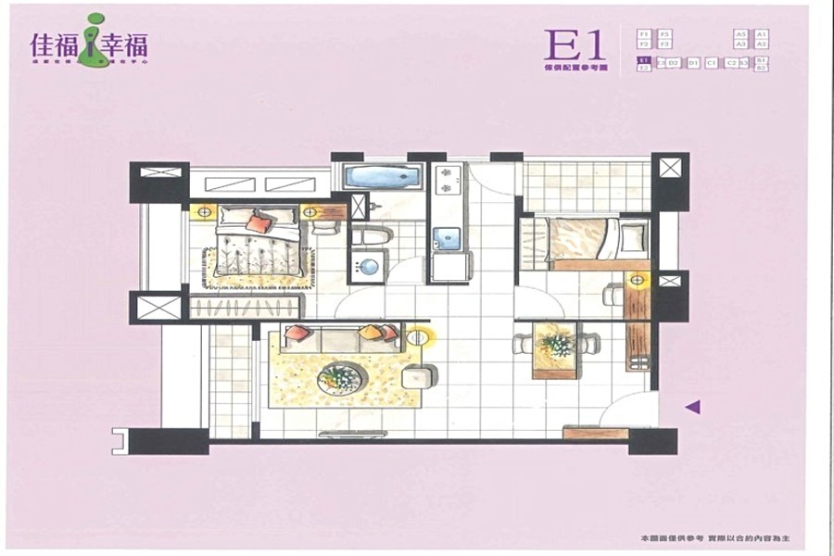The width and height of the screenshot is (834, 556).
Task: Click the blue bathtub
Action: click(x=383, y=176)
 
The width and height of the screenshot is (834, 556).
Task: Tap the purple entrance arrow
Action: click(x=692, y=406)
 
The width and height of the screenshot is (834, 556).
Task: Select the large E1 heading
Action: click(x=575, y=44)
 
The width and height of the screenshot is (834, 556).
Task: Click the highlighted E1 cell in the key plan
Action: click(x=643, y=61)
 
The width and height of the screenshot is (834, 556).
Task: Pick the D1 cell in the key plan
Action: click(x=692, y=63)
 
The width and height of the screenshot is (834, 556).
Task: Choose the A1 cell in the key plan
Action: click(x=761, y=33)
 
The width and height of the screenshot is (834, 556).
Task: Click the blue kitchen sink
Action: click(x=447, y=235)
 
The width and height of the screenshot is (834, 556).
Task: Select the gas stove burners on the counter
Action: click(x=446, y=180)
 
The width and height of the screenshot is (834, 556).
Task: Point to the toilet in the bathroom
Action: click(x=370, y=236)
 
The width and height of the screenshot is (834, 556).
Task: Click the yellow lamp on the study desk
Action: click(x=637, y=278)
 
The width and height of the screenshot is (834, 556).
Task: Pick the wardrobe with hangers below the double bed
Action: click(x=245, y=307)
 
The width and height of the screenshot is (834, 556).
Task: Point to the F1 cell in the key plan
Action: click(x=643, y=33)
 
